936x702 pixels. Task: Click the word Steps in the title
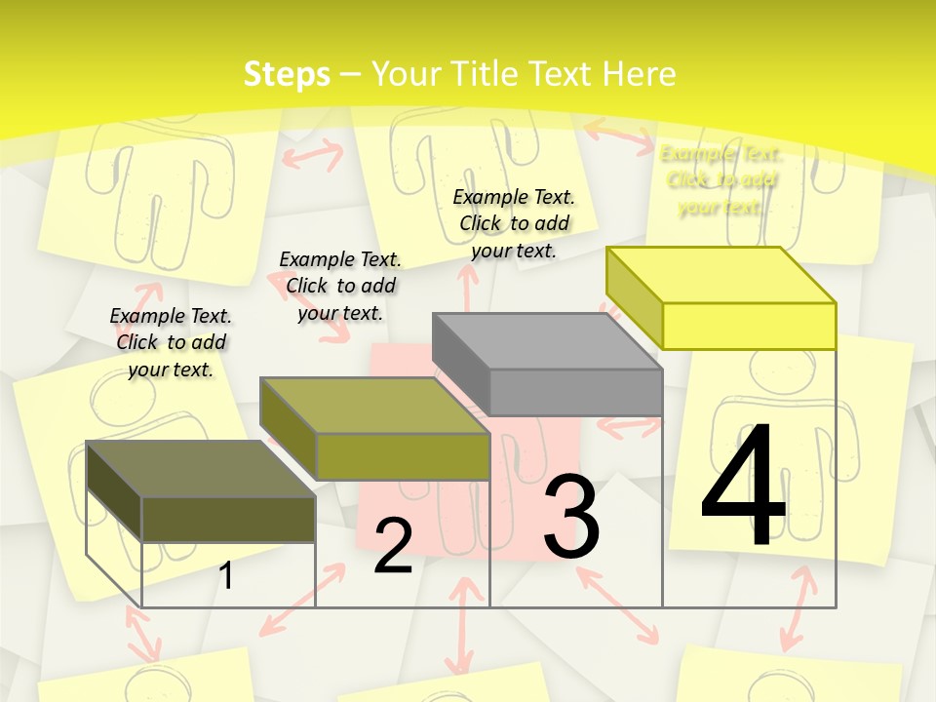tap(287, 74)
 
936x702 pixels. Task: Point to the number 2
tap(393, 546)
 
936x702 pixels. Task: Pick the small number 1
tap(226, 575)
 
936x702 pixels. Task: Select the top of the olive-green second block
tap(374, 405)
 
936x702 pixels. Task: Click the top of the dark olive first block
tap(201, 468)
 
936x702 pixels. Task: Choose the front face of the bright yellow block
tap(749, 326)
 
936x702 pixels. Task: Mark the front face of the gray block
tap(575, 392)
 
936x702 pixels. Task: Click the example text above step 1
tap(171, 342)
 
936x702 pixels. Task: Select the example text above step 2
tap(340, 286)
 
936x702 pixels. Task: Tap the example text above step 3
tap(514, 223)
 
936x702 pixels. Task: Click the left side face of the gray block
tap(461, 364)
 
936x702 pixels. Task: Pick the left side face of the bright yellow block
tap(635, 297)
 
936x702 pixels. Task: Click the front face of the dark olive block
tap(228, 519)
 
